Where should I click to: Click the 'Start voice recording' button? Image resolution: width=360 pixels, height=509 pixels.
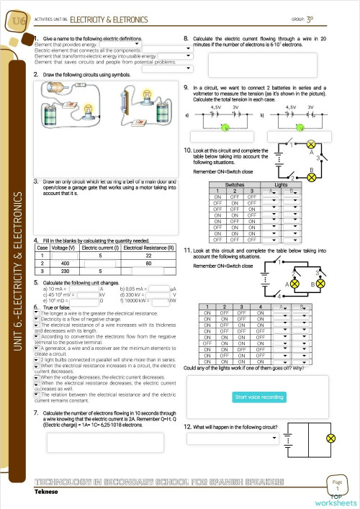click(x=259, y=397)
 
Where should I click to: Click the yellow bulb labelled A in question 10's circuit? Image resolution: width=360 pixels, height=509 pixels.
click(x=311, y=143)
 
